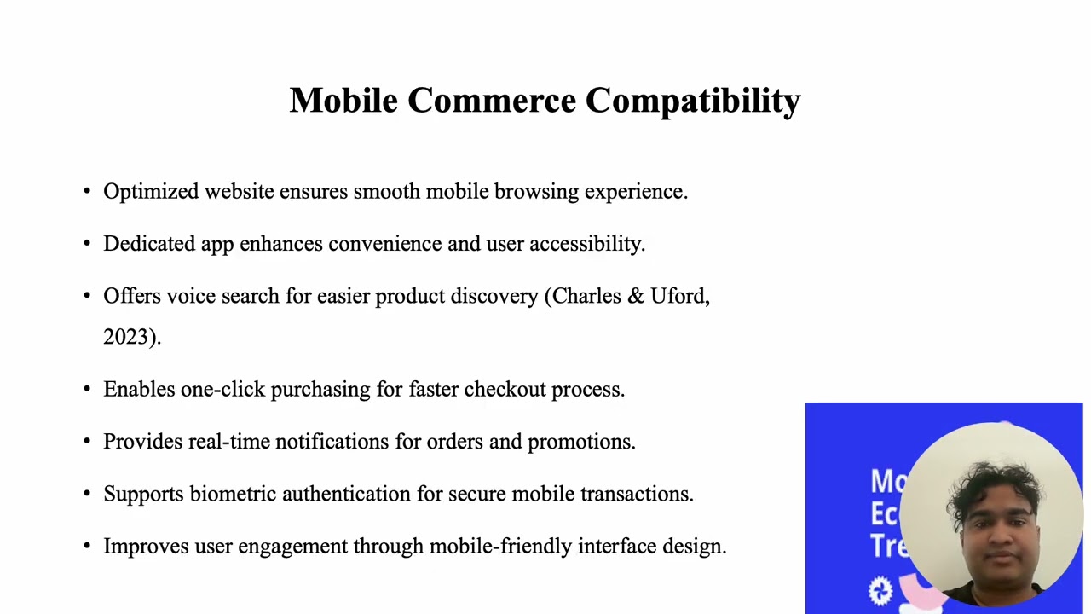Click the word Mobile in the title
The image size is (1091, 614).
343,101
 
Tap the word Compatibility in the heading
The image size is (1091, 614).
693,101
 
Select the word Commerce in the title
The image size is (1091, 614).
492,101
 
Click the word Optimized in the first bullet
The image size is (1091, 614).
151,192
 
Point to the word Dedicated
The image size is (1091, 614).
149,244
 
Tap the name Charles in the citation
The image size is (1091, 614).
587,296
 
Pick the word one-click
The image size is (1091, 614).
222,390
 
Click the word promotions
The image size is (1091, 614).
580,442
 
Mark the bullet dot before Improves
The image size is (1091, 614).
87,546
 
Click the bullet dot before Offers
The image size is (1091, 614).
87,296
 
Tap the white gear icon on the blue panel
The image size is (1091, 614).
880,590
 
